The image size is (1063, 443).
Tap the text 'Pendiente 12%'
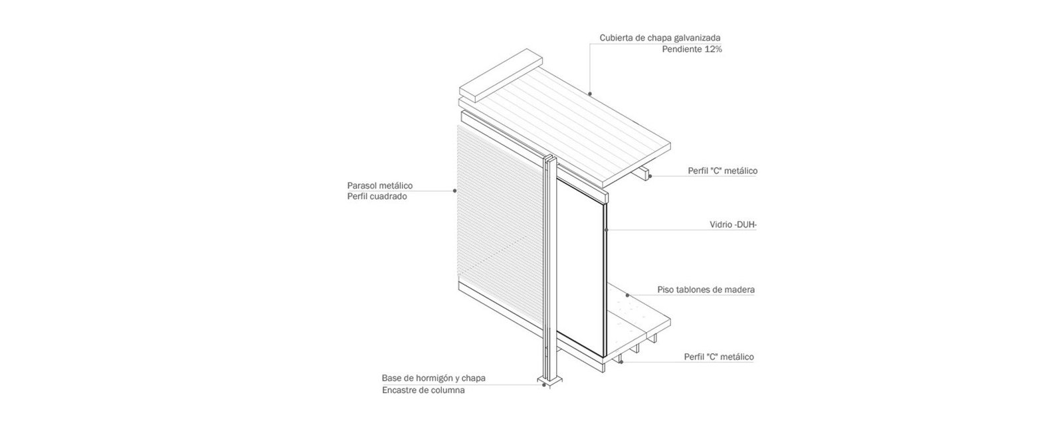click(692, 49)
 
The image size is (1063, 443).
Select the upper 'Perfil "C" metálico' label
click(722, 171)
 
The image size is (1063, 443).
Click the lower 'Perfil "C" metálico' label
click(719, 357)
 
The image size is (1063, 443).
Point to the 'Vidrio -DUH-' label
click(733, 225)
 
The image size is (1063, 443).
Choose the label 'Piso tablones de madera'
click(706, 290)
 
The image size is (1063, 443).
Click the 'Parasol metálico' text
click(379, 185)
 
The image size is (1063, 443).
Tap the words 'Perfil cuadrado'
click(377, 197)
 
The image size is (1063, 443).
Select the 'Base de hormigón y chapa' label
click(433, 378)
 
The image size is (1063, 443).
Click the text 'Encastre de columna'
click(423, 390)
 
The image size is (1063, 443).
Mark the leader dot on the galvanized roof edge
click(589, 94)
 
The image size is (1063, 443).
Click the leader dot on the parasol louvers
click(455, 191)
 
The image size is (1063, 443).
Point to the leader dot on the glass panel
click(607, 230)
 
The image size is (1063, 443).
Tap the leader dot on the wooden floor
click(627, 295)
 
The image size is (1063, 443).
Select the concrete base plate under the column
click(549, 381)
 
